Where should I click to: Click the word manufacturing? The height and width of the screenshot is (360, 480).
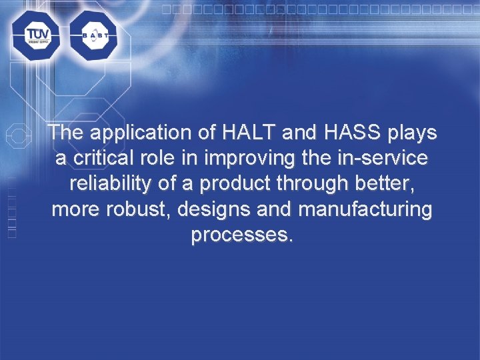tap(365, 211)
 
